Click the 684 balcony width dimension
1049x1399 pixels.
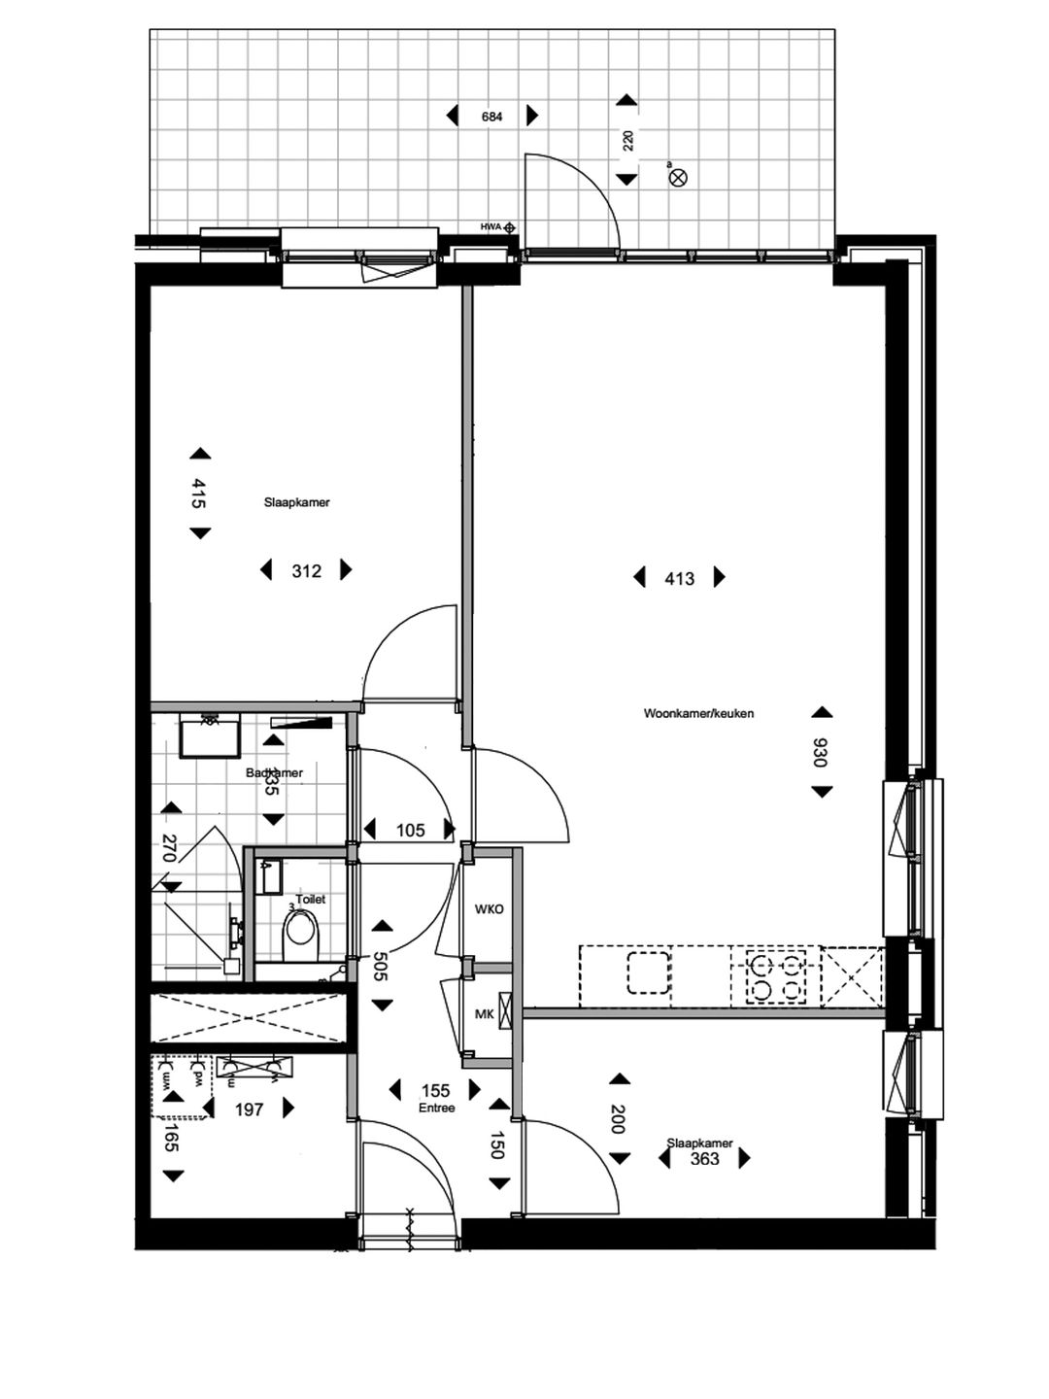click(492, 117)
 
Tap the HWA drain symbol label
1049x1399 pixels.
click(490, 227)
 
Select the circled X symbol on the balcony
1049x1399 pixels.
click(679, 177)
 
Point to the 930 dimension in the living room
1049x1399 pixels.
click(821, 752)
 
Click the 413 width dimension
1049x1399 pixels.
click(680, 579)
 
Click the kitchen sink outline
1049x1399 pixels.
click(648, 974)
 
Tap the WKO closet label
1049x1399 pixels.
click(489, 910)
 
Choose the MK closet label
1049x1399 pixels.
click(483, 1014)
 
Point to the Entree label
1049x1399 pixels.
click(437, 1108)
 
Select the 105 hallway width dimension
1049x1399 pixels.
click(410, 830)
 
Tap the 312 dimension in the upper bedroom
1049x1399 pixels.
click(307, 571)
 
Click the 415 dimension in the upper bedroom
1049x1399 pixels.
click(199, 494)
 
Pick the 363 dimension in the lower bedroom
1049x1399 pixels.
click(705, 1158)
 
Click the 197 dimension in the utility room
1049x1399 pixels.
click(250, 1109)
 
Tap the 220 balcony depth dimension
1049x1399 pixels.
click(627, 140)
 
